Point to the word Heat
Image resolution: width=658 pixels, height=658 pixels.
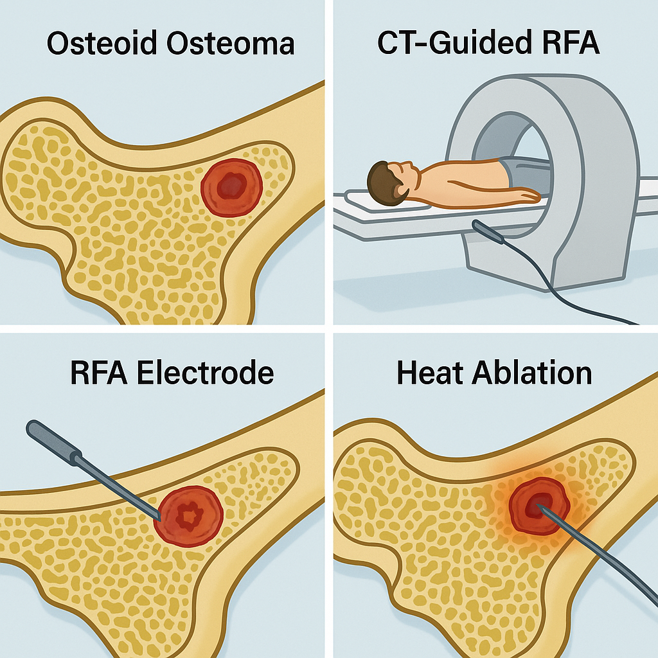click(x=430, y=373)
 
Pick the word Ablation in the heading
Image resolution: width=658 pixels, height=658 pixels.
click(x=533, y=373)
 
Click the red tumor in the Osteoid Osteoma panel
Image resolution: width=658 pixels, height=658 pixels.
click(x=231, y=187)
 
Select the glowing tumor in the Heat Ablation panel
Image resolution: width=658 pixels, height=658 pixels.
click(x=539, y=504)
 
